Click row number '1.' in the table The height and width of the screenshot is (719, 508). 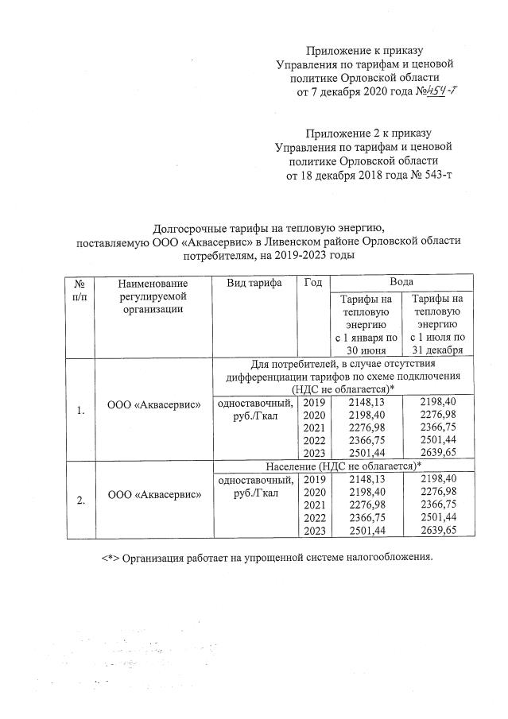point(80,411)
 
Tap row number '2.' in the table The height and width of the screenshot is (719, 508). point(80,501)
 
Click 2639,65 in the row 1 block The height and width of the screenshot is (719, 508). point(436,452)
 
